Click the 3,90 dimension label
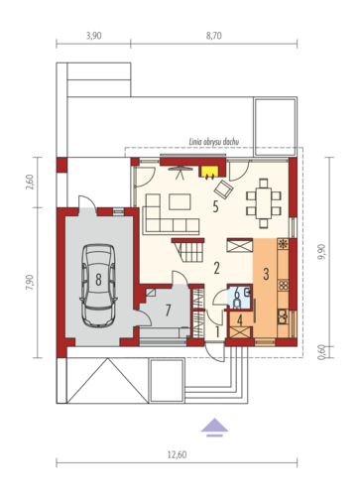coord(94,36)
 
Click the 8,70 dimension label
coord(214,36)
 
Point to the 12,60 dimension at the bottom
coord(177,454)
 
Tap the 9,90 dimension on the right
coord(321,252)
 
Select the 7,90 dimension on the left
coord(30,283)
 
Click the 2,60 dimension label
coord(30,182)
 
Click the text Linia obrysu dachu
coord(214,142)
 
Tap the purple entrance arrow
coord(214,428)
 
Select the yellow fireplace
coord(208,173)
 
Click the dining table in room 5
coord(264,202)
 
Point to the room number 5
coord(215,207)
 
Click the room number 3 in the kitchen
coord(266,274)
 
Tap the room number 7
coord(168,311)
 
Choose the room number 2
coord(216,268)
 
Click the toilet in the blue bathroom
coord(237,304)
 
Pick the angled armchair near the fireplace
coord(223,189)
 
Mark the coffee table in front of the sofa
coord(180,202)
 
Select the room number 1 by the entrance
coord(217,331)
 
